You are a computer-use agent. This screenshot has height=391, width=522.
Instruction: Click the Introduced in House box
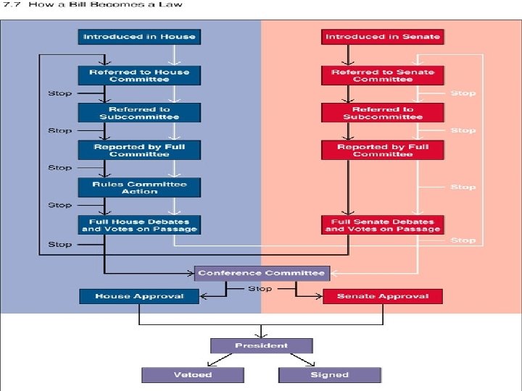(x=138, y=36)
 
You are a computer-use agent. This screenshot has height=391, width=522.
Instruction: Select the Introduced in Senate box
(x=382, y=36)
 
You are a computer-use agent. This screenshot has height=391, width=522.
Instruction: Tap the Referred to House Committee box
(x=138, y=75)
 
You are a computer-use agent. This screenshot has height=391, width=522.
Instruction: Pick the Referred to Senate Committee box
(x=382, y=75)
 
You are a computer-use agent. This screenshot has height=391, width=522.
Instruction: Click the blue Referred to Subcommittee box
(x=138, y=112)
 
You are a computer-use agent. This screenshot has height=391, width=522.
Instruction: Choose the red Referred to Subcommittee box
(x=382, y=112)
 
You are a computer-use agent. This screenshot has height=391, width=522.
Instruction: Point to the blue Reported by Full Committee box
(x=138, y=150)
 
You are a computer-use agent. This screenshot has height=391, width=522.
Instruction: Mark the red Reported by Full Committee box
(x=382, y=150)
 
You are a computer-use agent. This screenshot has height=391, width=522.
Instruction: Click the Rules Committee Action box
(x=138, y=187)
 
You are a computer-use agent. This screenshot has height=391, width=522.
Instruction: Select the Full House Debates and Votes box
(x=138, y=224)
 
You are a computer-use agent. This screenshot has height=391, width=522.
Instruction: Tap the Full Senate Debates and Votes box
(x=382, y=224)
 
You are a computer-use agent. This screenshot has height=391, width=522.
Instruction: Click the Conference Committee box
(x=261, y=273)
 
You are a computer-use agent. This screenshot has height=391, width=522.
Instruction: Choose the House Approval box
(x=138, y=295)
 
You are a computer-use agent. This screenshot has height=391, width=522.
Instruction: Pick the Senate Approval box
(x=382, y=295)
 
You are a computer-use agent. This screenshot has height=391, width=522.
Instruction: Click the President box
(x=261, y=345)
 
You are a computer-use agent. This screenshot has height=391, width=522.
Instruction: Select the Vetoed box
(x=192, y=375)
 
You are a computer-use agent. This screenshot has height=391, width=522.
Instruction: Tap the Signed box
(x=330, y=375)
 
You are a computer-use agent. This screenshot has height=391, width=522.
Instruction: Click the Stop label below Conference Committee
(x=260, y=288)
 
